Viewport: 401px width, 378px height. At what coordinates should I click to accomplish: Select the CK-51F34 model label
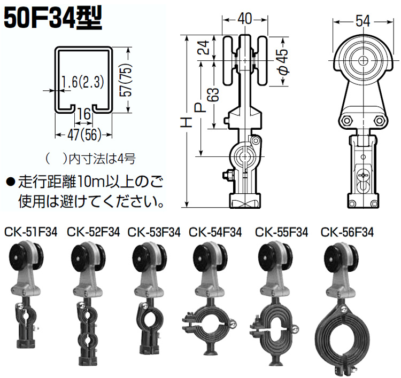point(31,232)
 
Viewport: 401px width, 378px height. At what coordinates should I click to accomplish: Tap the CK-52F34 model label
point(94,232)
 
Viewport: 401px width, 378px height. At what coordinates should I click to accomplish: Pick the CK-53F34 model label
point(154,232)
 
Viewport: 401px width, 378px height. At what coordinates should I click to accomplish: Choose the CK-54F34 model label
point(215,232)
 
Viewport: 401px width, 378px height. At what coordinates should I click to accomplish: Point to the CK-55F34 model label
point(282,232)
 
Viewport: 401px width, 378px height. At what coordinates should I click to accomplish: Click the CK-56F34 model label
point(348,232)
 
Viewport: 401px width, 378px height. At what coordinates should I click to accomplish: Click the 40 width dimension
point(245,19)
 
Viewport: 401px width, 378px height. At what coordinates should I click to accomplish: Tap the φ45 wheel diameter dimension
point(283,61)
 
